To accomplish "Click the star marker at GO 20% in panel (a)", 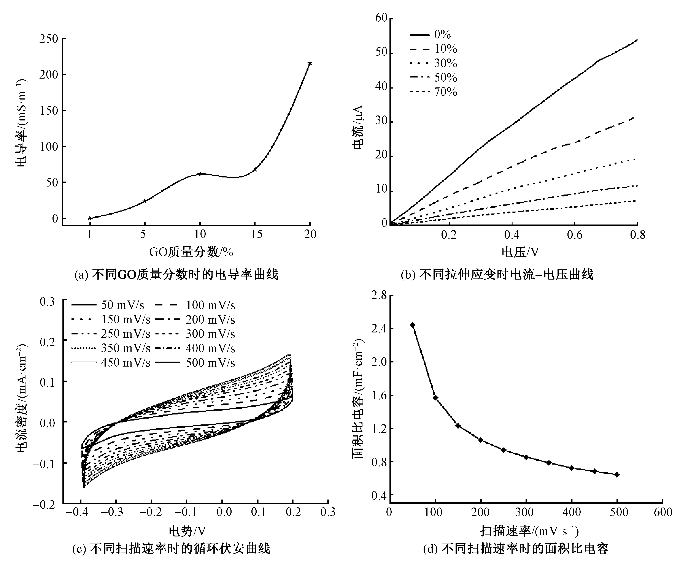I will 310,63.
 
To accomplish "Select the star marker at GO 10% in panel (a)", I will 200,174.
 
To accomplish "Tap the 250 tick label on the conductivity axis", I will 49,39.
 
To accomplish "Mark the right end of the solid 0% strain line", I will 637,40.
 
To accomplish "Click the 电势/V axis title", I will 187,531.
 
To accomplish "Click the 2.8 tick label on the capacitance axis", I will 379,295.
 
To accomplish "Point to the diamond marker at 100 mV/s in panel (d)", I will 435,398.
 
